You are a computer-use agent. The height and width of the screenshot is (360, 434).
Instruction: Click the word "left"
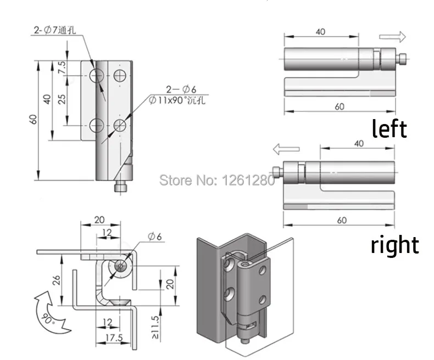[x=389, y=128]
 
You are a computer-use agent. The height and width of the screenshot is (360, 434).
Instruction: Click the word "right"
[x=394, y=244]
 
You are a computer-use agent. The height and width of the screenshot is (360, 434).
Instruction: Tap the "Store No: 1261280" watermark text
[x=216, y=181]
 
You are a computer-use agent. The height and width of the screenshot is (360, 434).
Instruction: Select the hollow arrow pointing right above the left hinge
[x=392, y=37]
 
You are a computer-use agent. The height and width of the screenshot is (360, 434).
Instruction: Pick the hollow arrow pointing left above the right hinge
[x=286, y=149]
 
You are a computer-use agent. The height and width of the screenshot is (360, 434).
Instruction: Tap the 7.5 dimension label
[x=62, y=67]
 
